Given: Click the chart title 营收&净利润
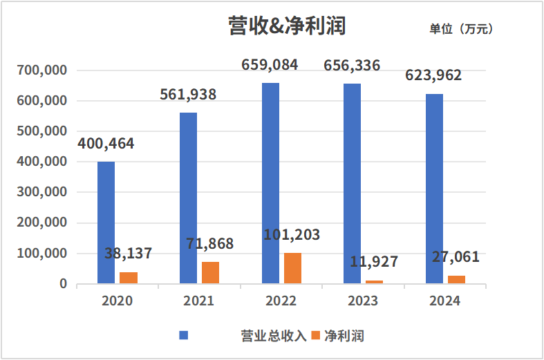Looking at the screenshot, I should [286, 26].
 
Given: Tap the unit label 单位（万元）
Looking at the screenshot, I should [461, 29].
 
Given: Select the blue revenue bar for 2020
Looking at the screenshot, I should [106, 222].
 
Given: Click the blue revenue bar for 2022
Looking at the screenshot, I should [270, 183].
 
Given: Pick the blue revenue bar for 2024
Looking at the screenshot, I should [434, 189].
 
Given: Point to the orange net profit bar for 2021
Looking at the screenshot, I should [210, 273].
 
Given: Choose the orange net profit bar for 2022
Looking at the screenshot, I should [292, 268].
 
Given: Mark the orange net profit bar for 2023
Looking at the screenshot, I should [374, 282].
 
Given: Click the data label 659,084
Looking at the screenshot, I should [270, 65].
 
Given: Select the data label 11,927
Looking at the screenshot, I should [373, 263].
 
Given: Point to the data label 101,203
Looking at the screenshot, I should [292, 235].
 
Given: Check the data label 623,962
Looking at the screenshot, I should [433, 75].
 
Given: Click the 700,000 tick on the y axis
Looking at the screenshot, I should [43, 70].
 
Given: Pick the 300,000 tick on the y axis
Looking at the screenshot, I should [43, 192].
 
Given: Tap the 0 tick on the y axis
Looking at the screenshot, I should [63, 284].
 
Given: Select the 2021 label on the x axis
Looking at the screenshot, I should [199, 301].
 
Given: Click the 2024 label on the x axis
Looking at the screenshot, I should [444, 301].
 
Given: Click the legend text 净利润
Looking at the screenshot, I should [344, 336].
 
